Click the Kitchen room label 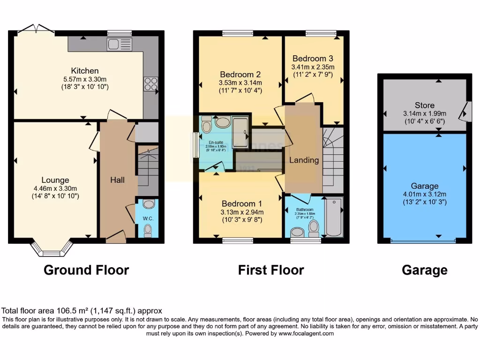pos(85,71)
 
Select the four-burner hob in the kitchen pos(150,84)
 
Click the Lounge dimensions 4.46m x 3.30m pos(55,188)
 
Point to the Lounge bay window pos(49,252)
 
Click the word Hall pos(117,180)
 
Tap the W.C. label pos(147,218)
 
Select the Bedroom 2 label pos(240,75)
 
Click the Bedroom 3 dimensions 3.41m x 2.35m pos(313,67)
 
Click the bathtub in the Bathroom pos(334,217)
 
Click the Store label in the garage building pos(424,105)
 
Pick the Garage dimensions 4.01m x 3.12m pos(424,194)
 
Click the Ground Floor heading pos(86,270)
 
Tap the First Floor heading pos(271,270)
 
